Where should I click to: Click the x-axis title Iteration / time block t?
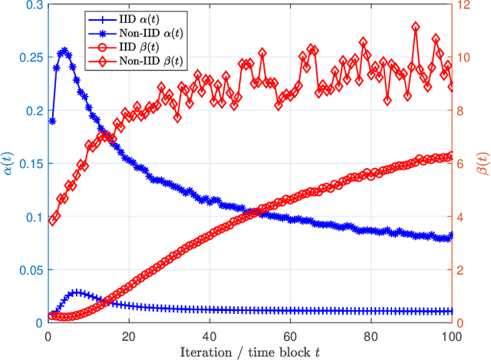(249, 352)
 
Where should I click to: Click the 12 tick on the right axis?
(463, 5)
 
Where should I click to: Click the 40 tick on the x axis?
(209, 335)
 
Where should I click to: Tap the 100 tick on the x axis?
(450, 335)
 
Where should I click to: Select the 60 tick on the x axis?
(289, 335)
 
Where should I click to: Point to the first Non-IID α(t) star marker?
(52, 121)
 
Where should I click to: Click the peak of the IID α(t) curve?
(76, 292)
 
